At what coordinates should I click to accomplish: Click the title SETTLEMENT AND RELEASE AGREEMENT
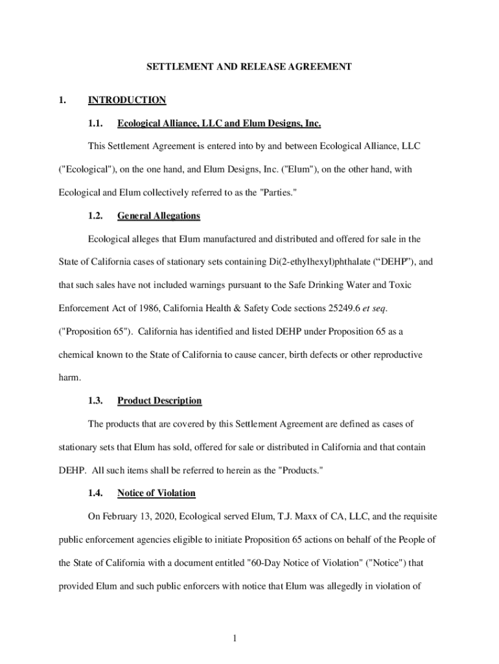pyautogui.click(x=249, y=66)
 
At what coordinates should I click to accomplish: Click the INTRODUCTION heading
pyautogui.click(x=127, y=100)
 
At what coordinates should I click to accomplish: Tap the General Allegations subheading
pyautogui.click(x=159, y=215)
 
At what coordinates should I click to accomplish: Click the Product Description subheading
pyautogui.click(x=159, y=401)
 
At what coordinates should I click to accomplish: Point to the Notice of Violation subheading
pyautogui.click(x=156, y=493)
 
